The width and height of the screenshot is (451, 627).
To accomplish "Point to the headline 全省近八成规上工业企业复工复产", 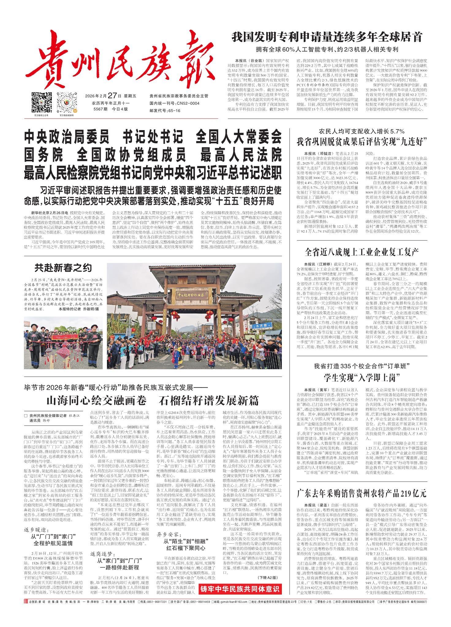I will [x=362, y=253].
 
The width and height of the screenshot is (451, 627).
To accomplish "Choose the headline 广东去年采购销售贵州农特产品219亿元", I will [x=362, y=494].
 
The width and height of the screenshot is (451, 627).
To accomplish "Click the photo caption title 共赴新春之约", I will [x=63, y=268].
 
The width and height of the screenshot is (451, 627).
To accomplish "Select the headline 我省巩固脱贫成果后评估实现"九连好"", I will [x=362, y=142].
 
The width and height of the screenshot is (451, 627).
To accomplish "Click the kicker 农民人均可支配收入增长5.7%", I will [x=362, y=132].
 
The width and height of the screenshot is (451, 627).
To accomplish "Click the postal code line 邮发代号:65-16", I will [x=165, y=111].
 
